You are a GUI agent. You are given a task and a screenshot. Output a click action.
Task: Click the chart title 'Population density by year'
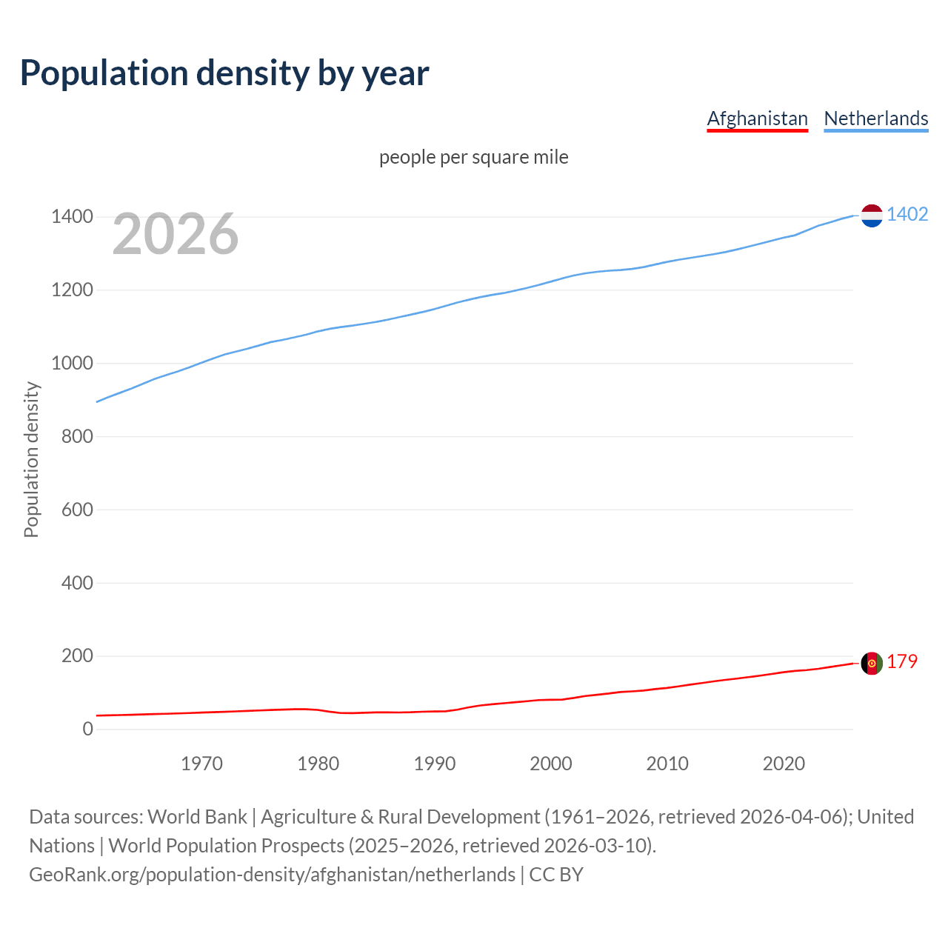pyautogui.click(x=224, y=73)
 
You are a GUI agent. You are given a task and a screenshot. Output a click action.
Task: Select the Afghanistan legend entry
pyautogui.click(x=757, y=118)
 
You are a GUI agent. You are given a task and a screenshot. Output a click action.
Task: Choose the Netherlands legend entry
pyautogui.click(x=875, y=118)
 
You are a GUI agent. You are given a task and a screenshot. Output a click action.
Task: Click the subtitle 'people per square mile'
pyautogui.click(x=473, y=158)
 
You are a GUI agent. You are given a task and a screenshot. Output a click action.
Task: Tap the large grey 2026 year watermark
pyautogui.click(x=176, y=234)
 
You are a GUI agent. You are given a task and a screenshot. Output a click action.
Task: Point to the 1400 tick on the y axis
pyautogui.click(x=72, y=217)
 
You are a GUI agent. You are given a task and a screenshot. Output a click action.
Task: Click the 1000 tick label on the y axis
pyautogui.click(x=72, y=363)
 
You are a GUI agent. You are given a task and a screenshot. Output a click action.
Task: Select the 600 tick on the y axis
pyautogui.click(x=77, y=510)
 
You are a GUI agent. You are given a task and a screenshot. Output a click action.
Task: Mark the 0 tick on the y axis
pyautogui.click(x=88, y=729)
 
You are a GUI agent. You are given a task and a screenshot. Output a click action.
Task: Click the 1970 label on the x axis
pyautogui.click(x=201, y=764)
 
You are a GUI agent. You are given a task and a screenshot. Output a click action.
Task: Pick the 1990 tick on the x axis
pyautogui.click(x=434, y=764)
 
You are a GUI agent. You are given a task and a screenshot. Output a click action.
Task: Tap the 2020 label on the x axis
pyautogui.click(x=784, y=764)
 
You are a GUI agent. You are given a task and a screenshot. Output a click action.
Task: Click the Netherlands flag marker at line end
pyautogui.click(x=872, y=216)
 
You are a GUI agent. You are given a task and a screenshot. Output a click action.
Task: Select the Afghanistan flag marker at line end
pyautogui.click(x=872, y=663)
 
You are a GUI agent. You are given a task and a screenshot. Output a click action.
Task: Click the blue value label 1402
pyautogui.click(x=907, y=215)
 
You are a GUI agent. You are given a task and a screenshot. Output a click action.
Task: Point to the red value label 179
pyautogui.click(x=901, y=662)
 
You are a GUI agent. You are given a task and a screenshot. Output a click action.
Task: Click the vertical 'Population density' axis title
pyautogui.click(x=31, y=459)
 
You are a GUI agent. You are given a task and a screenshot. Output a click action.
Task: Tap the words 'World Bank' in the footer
pyautogui.click(x=197, y=817)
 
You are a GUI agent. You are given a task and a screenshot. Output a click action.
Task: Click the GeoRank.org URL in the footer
pyautogui.click(x=272, y=875)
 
